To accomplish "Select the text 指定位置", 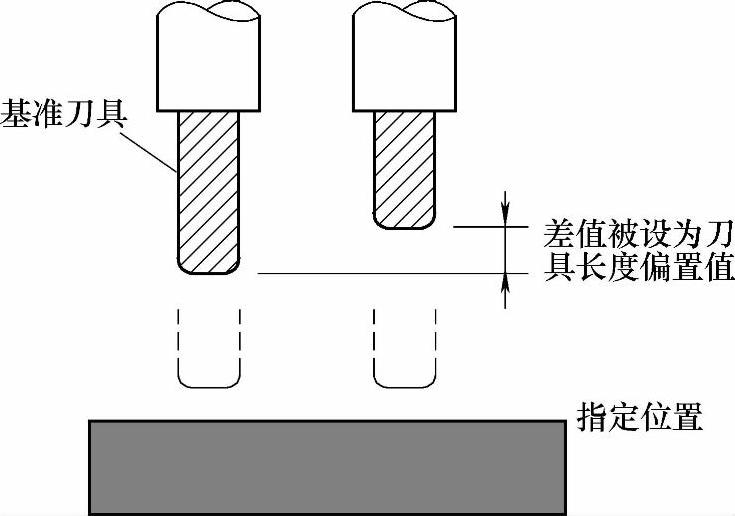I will click(641, 414).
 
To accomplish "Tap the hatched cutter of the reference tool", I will click(208, 190).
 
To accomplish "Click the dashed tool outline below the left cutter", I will click(208, 350).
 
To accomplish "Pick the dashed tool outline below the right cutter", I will click(404, 350).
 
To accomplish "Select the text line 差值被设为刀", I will click(636, 234).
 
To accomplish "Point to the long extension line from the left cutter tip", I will click(380, 274).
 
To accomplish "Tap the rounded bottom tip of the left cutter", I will click(208, 269).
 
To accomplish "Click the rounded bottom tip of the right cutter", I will click(404, 223).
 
